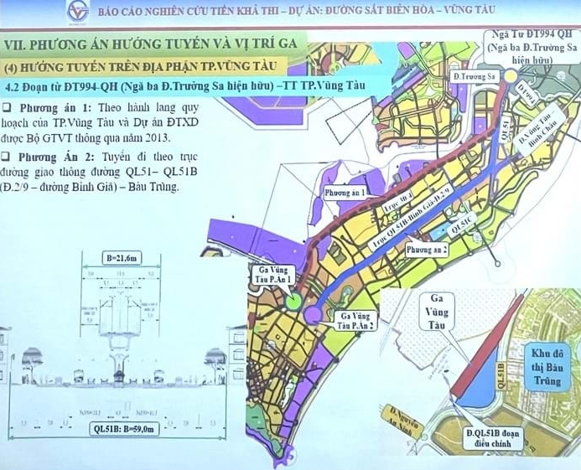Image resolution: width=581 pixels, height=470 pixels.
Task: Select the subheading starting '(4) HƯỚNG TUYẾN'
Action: (117, 65)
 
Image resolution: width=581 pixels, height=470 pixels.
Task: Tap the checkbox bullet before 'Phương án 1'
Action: (7, 107)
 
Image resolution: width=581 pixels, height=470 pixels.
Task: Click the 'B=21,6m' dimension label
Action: (123, 260)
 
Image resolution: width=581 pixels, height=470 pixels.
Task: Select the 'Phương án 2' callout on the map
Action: (427, 250)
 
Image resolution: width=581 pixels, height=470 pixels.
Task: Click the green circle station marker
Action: (293, 302)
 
